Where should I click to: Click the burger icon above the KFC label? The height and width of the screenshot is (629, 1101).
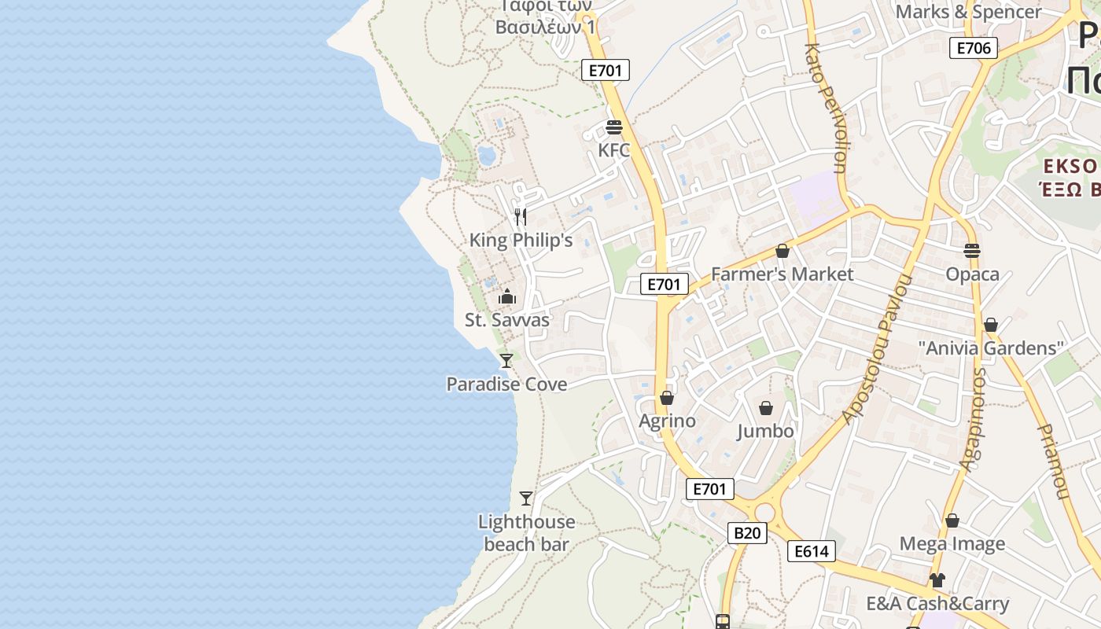(x=614, y=127)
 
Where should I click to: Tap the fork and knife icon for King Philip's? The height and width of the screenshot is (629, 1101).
(x=520, y=216)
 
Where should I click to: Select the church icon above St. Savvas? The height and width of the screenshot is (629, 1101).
(x=507, y=297)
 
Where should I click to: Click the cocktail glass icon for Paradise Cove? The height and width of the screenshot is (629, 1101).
(x=506, y=361)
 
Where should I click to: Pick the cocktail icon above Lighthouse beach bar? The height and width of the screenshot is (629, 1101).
(x=526, y=498)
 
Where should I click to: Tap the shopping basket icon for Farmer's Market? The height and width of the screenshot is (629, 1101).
(x=782, y=252)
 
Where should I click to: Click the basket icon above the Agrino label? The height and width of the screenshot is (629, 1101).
(x=667, y=399)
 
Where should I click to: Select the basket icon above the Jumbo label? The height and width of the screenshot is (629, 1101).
(x=765, y=409)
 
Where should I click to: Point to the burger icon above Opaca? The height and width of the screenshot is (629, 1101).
(x=972, y=252)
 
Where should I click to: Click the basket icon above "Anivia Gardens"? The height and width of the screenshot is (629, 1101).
(x=991, y=326)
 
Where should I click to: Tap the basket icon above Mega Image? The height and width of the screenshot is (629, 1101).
(x=952, y=521)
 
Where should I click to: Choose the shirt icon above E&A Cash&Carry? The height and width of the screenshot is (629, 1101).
(x=937, y=581)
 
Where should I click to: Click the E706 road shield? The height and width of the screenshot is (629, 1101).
(x=974, y=48)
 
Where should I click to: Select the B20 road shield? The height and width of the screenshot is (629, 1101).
(x=746, y=533)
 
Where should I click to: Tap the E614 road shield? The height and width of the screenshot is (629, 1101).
(x=811, y=551)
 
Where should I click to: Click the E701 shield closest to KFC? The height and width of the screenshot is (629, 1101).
(x=606, y=70)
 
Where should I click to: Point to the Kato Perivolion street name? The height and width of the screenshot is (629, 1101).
(x=826, y=108)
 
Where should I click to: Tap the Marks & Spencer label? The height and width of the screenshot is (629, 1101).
(x=968, y=12)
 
